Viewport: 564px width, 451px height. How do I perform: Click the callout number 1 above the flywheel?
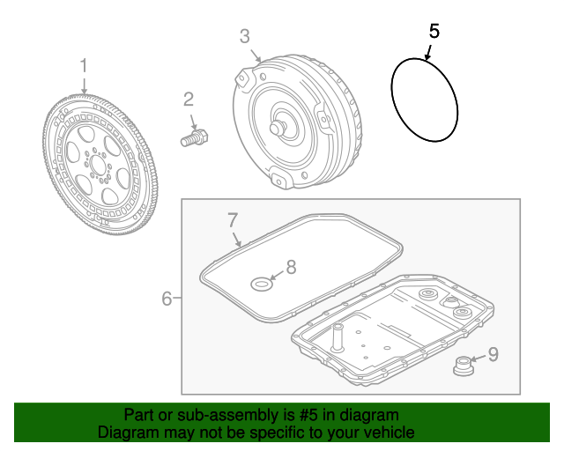click(84, 66)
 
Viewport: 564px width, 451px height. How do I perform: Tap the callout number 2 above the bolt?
click(189, 100)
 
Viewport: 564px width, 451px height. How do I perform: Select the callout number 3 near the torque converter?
click(245, 37)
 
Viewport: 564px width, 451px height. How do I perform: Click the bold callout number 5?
click(434, 32)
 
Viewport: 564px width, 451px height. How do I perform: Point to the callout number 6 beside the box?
click(167, 299)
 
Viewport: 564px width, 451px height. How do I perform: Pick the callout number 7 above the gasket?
click(233, 220)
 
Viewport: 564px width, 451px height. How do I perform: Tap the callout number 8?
click(291, 267)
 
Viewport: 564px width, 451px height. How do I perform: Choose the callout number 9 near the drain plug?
click(493, 354)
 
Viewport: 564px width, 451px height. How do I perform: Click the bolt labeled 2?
click(195, 138)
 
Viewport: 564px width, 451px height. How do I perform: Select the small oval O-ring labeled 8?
click(262, 285)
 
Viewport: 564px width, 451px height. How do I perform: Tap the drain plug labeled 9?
click(464, 366)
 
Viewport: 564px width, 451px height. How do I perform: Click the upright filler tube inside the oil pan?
click(338, 337)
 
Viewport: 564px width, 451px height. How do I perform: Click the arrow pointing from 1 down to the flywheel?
click(84, 85)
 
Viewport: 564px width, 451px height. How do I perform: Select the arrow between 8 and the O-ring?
click(277, 276)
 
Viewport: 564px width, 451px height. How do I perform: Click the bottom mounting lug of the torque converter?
click(282, 179)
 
